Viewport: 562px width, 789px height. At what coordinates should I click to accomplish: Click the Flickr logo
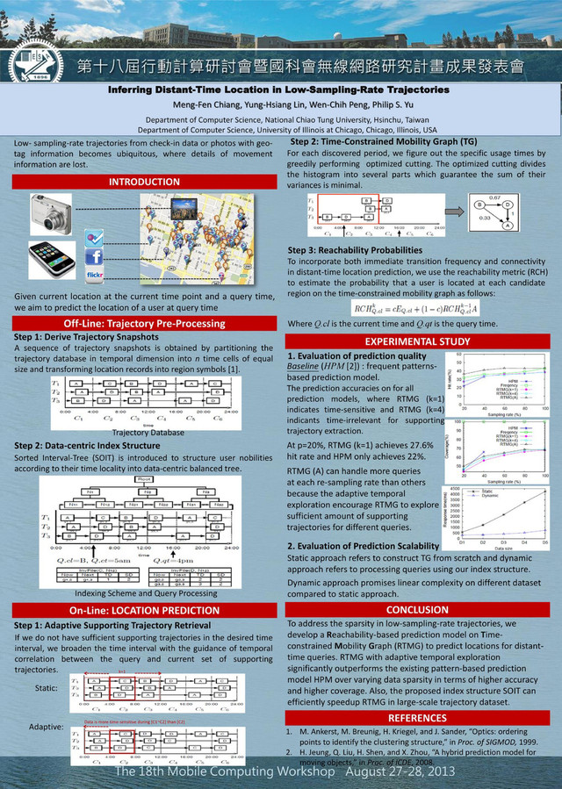click(x=95, y=275)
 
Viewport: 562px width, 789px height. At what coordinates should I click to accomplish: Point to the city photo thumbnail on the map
click(x=183, y=209)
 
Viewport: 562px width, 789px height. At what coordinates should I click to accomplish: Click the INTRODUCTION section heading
click(x=143, y=182)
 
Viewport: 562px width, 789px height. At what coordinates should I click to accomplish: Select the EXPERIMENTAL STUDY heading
click(x=417, y=341)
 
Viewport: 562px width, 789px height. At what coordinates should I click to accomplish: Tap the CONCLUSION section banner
click(x=417, y=609)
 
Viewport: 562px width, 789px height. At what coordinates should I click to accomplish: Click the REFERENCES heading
click(x=417, y=718)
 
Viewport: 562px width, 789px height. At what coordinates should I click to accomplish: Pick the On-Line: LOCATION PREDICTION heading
click(x=143, y=609)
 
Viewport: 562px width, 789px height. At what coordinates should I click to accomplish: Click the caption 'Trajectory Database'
click(x=143, y=432)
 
